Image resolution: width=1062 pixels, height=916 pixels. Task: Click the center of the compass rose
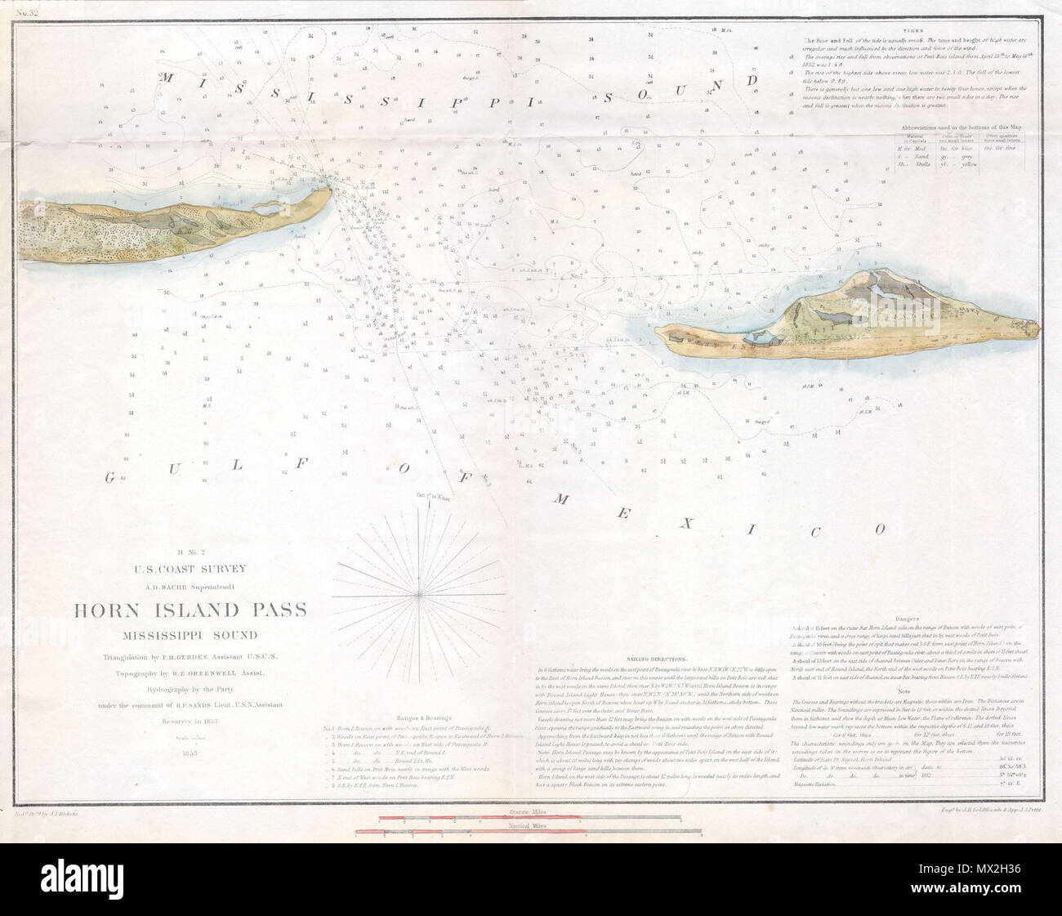[420, 590]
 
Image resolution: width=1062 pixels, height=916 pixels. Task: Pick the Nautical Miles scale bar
[527, 833]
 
